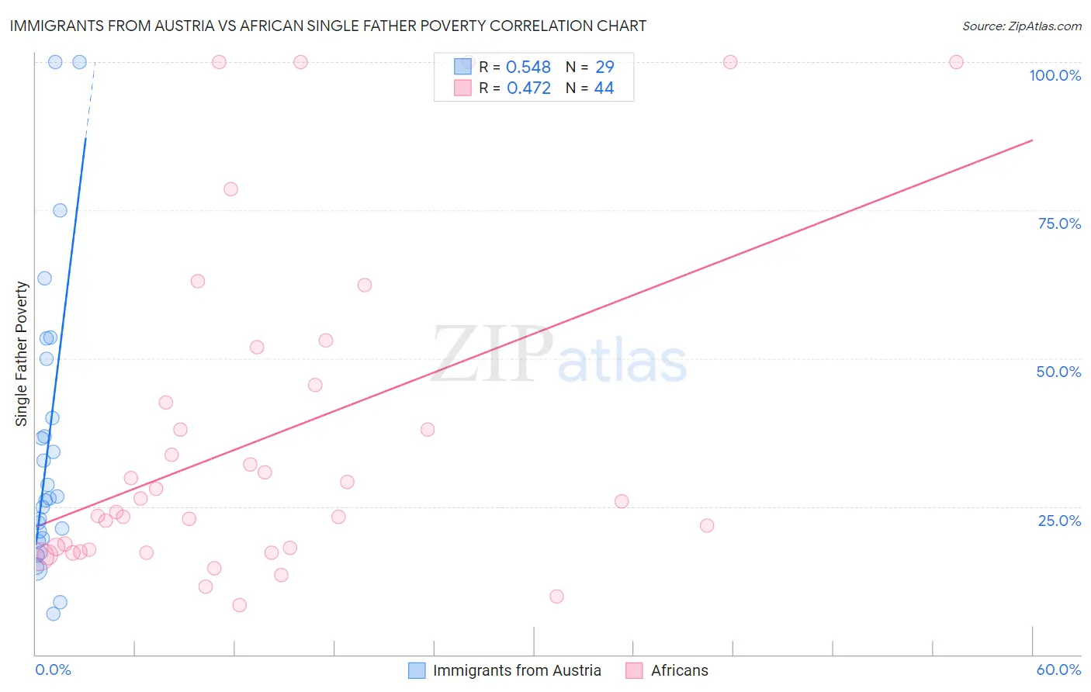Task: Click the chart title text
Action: tap(327, 26)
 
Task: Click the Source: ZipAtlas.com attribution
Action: tap(1021, 26)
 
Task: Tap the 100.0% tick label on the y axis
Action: tap(1055, 75)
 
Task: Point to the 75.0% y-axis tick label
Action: tap(1059, 223)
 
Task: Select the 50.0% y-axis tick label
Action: tap(1058, 372)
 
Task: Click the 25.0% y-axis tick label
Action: tap(1059, 520)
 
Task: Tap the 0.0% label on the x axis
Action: tap(53, 670)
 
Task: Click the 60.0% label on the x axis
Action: tap(1058, 670)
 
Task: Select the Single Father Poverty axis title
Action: tap(22, 354)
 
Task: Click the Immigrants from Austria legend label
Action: tap(517, 670)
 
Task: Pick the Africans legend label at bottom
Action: tap(679, 670)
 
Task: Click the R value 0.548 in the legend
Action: tap(528, 67)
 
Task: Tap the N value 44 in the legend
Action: tap(604, 88)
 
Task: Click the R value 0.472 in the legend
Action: tap(528, 88)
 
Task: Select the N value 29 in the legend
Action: tap(604, 67)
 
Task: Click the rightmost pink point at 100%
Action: tap(956, 62)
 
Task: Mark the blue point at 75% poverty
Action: tap(60, 210)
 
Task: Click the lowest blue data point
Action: tap(53, 614)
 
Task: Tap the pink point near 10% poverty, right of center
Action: tap(556, 597)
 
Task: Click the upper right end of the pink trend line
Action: tap(1032, 140)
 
